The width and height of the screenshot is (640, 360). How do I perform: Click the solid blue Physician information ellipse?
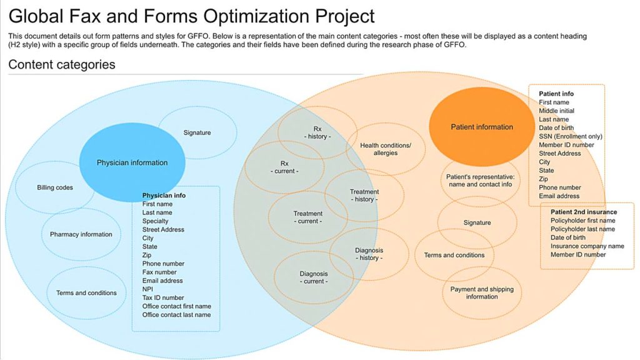coord(132,162)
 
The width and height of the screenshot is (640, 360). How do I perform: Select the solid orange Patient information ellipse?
coord(482,127)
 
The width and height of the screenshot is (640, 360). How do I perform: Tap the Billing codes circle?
coord(54,187)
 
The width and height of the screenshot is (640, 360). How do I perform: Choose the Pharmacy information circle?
coord(81,234)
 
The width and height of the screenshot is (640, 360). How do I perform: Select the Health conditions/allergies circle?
coord(386,149)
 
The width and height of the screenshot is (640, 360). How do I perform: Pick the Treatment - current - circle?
coord(307,217)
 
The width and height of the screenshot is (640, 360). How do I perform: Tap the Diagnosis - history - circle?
coord(369,254)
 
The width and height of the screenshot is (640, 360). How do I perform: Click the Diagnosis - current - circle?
coord(313,277)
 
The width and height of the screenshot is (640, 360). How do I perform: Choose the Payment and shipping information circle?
coord(482,292)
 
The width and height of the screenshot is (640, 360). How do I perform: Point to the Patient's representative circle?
coord(479,180)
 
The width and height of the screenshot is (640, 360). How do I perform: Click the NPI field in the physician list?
coord(148,289)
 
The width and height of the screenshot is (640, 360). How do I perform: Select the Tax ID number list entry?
coord(163,298)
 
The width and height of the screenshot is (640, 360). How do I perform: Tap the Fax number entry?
coord(159,272)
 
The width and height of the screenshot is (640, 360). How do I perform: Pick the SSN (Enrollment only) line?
coord(571,136)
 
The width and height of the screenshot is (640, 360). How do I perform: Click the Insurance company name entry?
coord(587,246)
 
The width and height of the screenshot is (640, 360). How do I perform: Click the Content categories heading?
coord(62,64)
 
